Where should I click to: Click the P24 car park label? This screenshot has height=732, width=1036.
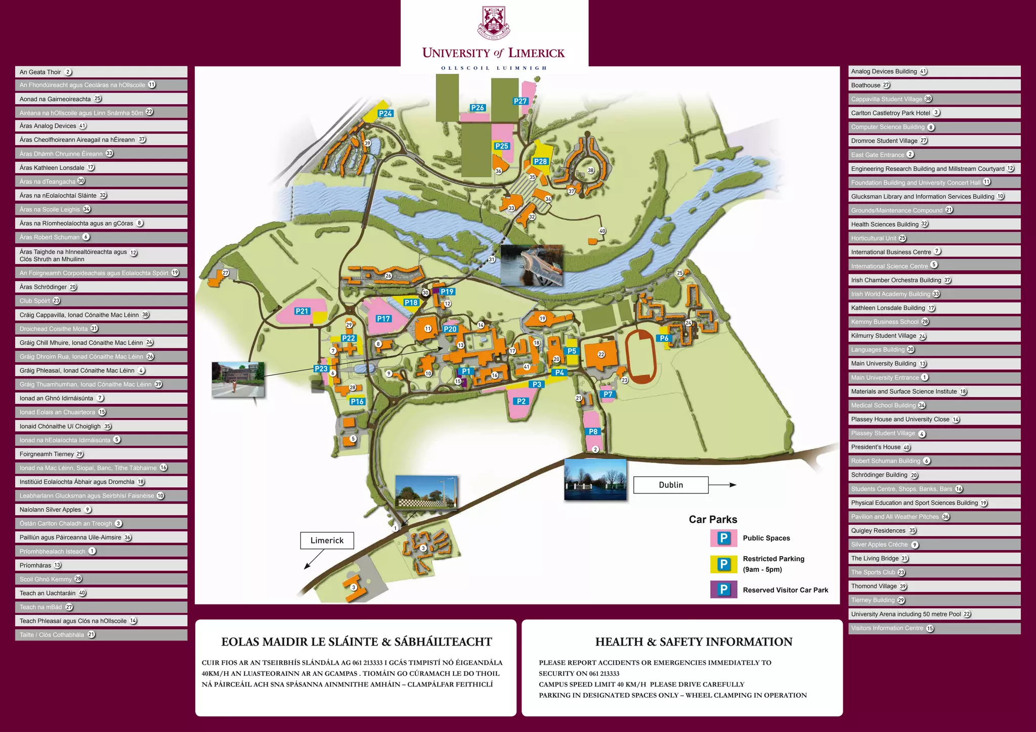click(385, 113)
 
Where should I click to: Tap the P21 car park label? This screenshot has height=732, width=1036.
click(302, 311)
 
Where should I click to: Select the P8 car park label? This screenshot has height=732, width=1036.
click(593, 431)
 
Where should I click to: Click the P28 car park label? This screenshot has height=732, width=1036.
click(540, 161)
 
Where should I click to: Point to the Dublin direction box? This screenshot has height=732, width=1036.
click(671, 485)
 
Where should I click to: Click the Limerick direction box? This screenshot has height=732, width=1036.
click(327, 540)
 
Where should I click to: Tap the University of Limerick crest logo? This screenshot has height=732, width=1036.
click(494, 22)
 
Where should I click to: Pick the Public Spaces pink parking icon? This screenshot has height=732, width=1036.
click(723, 538)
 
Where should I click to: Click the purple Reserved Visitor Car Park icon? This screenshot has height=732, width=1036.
click(723, 589)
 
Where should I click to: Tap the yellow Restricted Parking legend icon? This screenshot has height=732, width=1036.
click(723, 564)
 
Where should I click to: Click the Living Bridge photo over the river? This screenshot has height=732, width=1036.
click(531, 265)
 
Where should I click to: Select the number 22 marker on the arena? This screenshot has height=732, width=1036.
click(601, 354)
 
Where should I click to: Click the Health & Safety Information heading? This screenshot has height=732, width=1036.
click(694, 642)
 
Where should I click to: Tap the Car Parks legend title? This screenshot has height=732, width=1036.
click(713, 519)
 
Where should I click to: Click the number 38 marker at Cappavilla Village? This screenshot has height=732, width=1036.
click(590, 170)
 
